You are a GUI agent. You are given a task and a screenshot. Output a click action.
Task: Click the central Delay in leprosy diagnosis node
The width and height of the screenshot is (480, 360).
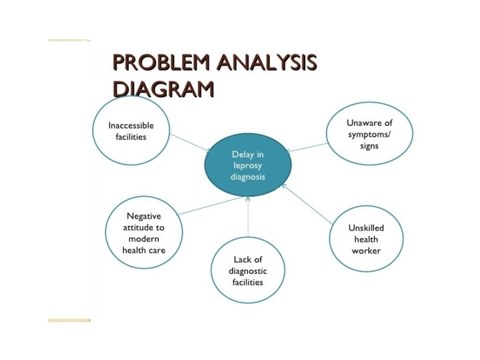(248, 165)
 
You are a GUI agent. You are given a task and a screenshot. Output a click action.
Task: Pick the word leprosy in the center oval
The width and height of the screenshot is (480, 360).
(248, 166)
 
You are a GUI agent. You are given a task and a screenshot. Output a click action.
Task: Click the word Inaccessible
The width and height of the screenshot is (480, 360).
(131, 125)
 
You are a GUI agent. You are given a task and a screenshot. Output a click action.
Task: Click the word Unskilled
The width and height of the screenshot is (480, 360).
(366, 227)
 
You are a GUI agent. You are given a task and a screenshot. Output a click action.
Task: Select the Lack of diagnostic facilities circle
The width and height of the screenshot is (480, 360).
(247, 270)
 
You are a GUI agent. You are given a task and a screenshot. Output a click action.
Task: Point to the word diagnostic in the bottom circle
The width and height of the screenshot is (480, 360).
(247, 271)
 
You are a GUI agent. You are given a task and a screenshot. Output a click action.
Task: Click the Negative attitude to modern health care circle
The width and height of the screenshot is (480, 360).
(143, 233)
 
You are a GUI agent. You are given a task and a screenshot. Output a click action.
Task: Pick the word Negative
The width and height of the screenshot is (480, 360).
(144, 216)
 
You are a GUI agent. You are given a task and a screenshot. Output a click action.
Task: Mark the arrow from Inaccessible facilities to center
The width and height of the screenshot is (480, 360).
(189, 142)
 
